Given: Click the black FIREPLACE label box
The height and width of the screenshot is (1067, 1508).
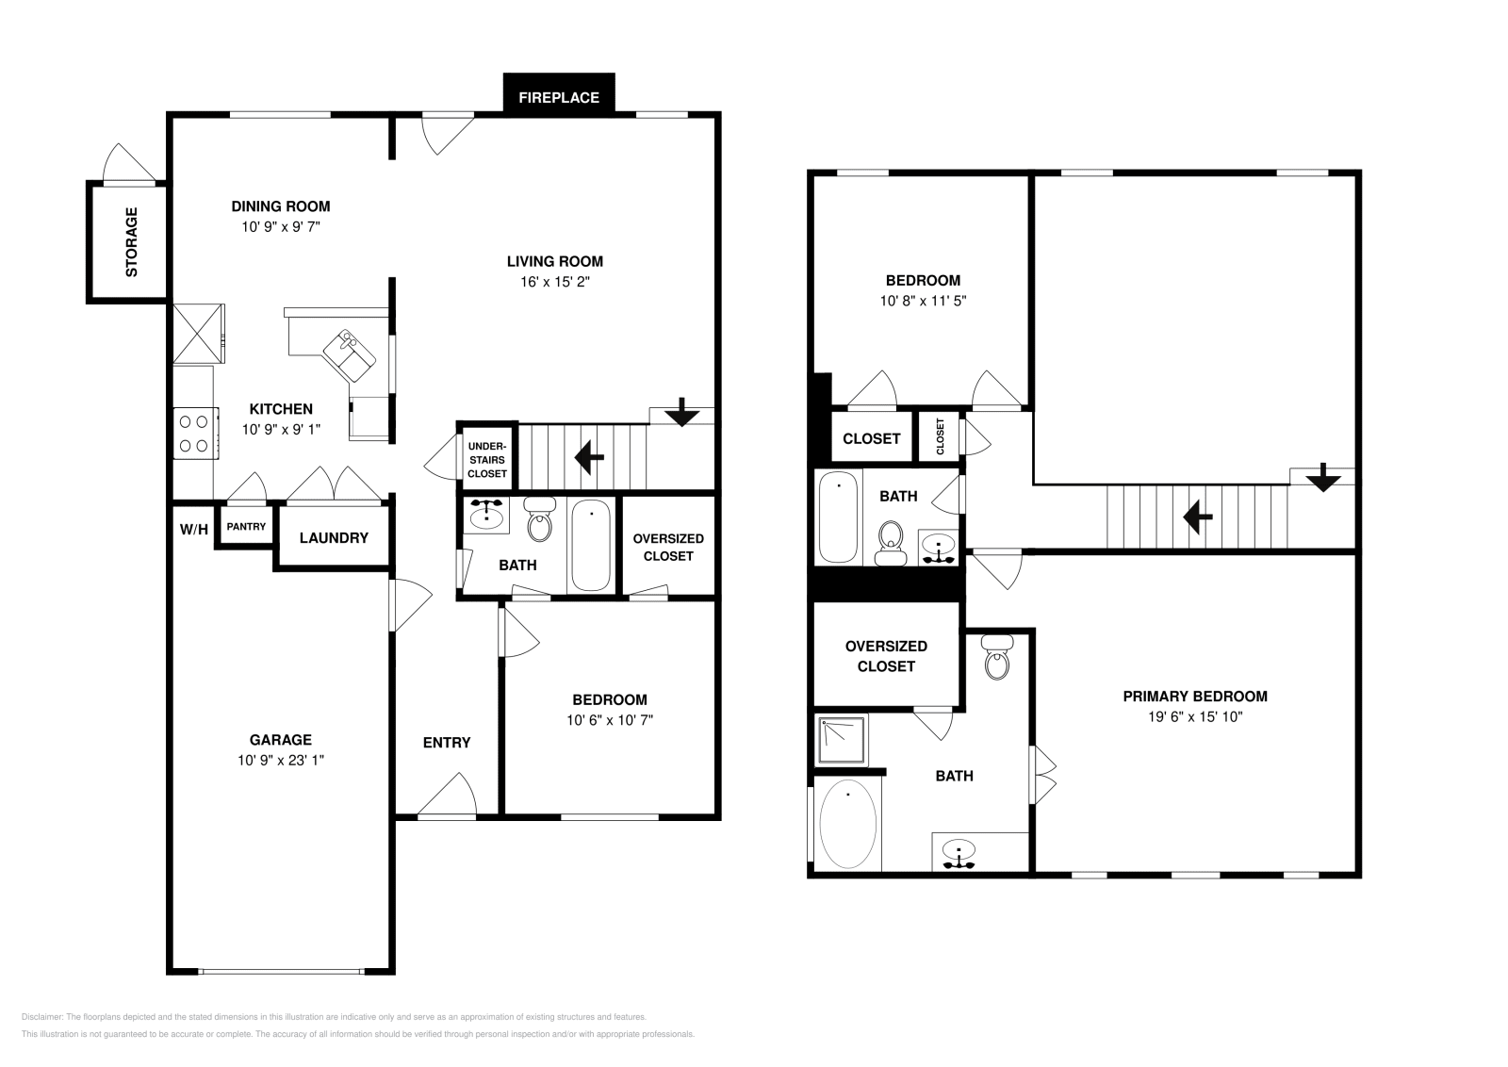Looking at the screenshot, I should (x=559, y=96).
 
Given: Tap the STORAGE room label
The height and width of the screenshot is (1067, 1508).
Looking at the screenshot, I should (x=131, y=242).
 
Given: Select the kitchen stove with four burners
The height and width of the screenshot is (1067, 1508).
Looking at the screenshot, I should (x=195, y=434).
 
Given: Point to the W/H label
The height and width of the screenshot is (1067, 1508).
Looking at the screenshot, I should (x=193, y=530).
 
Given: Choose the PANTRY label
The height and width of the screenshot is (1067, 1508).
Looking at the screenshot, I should (x=246, y=527).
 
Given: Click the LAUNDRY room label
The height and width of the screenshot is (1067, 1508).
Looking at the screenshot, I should (x=334, y=538).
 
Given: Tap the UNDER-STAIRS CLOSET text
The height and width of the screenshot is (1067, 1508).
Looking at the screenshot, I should (x=487, y=459).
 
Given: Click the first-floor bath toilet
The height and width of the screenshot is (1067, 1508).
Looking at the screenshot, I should (x=539, y=522).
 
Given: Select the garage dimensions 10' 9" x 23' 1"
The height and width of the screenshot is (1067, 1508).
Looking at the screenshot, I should (x=281, y=761).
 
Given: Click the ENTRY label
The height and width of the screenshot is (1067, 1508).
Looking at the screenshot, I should (x=447, y=743).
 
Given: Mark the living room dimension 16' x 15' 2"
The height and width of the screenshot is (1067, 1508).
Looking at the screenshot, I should (x=555, y=282).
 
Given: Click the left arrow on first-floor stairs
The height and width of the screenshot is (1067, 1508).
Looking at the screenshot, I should (x=590, y=458).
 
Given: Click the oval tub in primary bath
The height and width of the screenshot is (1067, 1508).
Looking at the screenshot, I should (x=848, y=824).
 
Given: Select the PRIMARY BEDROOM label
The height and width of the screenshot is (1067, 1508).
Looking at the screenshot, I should (x=1195, y=697).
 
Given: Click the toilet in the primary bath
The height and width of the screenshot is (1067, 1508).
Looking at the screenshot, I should (x=997, y=661).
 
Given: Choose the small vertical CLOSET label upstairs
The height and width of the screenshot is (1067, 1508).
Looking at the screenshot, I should (x=940, y=437).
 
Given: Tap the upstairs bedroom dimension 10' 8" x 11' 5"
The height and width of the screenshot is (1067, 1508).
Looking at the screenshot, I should (x=923, y=302).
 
